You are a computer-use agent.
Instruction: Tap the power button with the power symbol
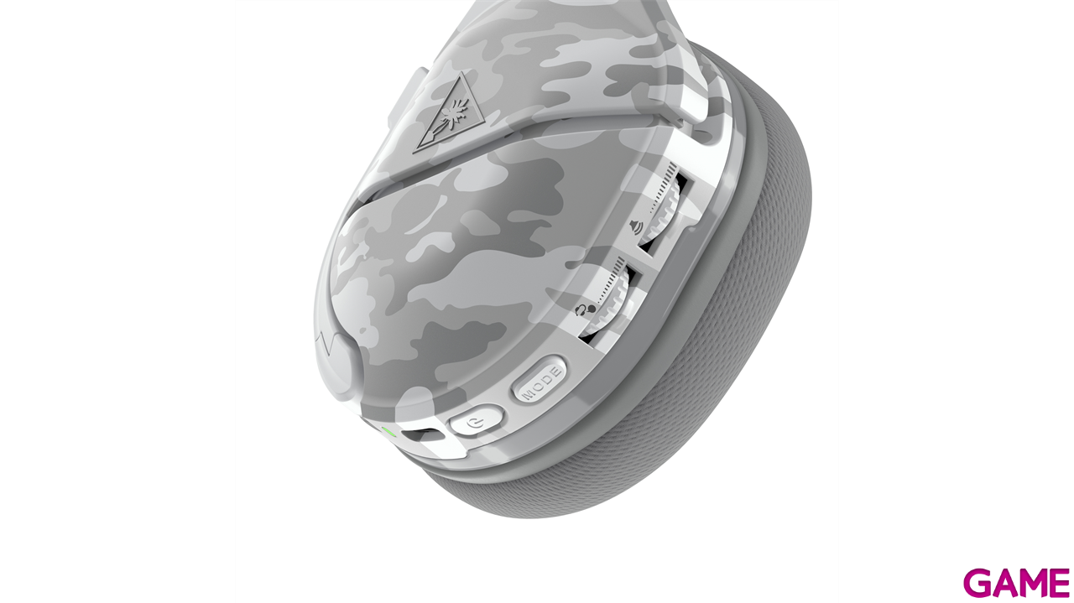(x=476, y=419)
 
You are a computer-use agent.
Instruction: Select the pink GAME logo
(x=1016, y=583)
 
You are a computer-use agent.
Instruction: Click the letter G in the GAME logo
(x=978, y=583)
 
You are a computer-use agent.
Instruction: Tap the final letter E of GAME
(x=1058, y=583)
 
